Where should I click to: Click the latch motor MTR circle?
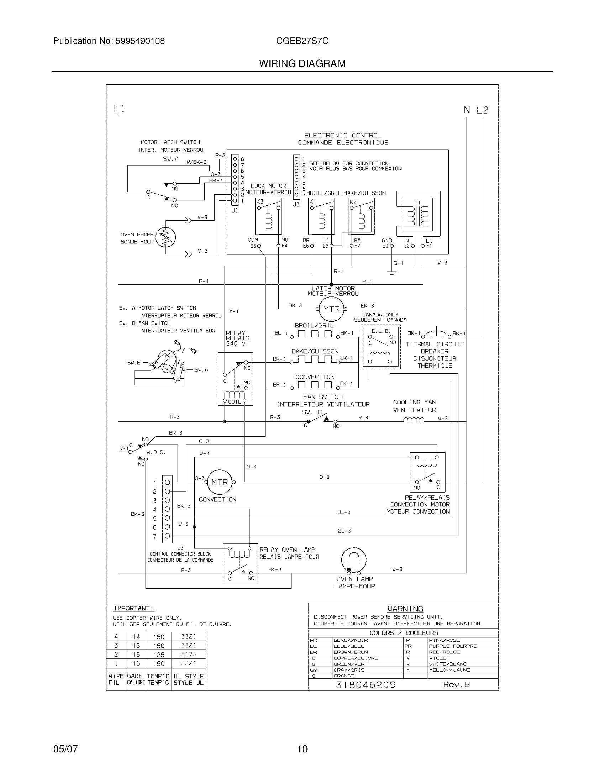pos(331,309)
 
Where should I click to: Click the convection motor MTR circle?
pos(219,482)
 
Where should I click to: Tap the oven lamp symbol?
pos(354,560)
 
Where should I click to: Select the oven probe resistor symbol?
pos(166,237)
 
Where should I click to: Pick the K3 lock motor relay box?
pos(268,216)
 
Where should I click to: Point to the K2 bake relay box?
pos(361,216)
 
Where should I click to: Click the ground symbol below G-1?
pos(391,273)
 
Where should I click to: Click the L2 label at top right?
pos(482,110)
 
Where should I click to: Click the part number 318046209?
pos(365,685)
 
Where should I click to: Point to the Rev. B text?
pos(456,684)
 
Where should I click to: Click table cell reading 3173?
pos(189,654)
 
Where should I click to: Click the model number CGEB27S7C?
pos(302,41)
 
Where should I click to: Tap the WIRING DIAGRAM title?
pos(302,64)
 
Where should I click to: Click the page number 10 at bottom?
pos(302,748)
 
